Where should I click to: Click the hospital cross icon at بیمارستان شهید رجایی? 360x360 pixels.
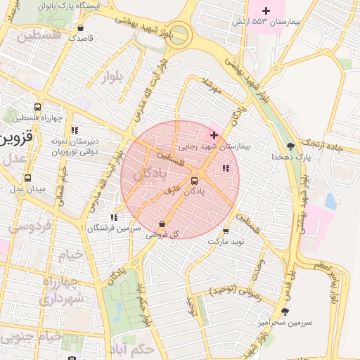[214, 134]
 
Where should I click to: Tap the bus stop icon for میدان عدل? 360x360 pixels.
[27, 179]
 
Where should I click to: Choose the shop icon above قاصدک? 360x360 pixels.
[81, 29]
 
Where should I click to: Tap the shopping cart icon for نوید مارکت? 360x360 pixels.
[226, 231]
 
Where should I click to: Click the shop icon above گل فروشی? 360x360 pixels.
[162, 224]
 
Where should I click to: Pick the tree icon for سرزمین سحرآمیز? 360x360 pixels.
[285, 311]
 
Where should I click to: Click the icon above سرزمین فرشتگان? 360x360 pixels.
[114, 218]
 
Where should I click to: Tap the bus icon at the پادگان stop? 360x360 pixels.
[195, 181]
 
